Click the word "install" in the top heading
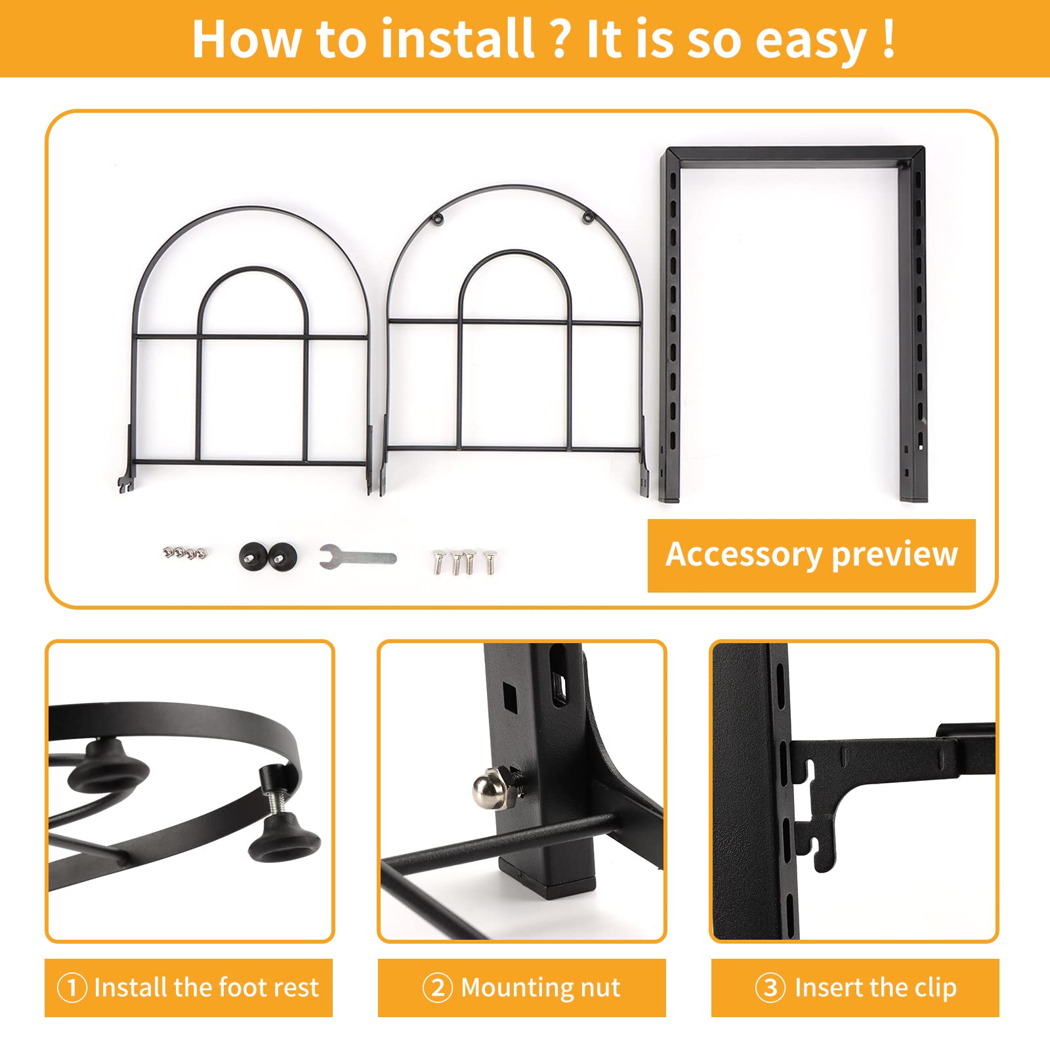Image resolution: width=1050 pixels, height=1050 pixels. click(x=457, y=39)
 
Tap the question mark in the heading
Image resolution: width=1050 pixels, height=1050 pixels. click(x=560, y=39)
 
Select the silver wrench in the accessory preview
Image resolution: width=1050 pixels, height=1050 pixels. click(x=358, y=556)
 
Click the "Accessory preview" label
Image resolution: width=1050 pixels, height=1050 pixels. click(x=812, y=555)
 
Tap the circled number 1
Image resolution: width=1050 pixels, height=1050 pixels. click(x=72, y=988)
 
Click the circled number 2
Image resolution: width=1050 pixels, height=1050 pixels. click(x=438, y=988)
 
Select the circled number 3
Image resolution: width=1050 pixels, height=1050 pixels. click(x=770, y=988)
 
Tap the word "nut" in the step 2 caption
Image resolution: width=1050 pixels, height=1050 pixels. click(x=599, y=988)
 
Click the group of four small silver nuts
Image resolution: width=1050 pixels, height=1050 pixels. click(x=184, y=553)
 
